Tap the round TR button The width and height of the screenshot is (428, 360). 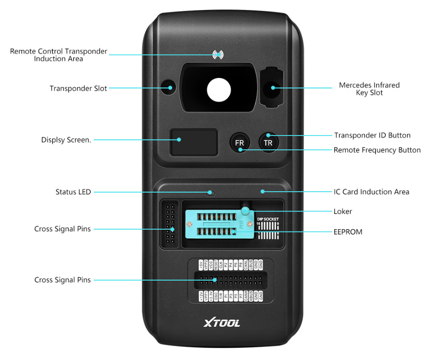click(268, 142)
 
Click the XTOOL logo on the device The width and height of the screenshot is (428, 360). click(222, 323)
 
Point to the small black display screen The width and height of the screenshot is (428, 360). click(194, 142)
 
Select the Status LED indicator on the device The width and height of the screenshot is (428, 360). click(210, 193)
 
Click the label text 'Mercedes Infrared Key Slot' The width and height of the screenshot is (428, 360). click(369, 89)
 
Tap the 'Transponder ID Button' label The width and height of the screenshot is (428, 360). click(372, 136)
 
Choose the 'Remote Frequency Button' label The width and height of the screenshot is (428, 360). click(377, 150)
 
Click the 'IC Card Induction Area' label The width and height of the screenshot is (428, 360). click(371, 192)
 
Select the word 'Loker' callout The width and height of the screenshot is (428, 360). click(342, 211)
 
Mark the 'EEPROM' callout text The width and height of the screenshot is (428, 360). click(348, 232)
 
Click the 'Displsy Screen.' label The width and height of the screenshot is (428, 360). click(66, 140)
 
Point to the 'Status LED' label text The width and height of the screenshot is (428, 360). click(73, 192)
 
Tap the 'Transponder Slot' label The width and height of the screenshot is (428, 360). click(78, 88)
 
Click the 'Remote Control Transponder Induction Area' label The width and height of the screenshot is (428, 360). click(58, 55)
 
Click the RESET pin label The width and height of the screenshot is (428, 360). click(216, 265)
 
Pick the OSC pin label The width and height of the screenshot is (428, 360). click(216, 296)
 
